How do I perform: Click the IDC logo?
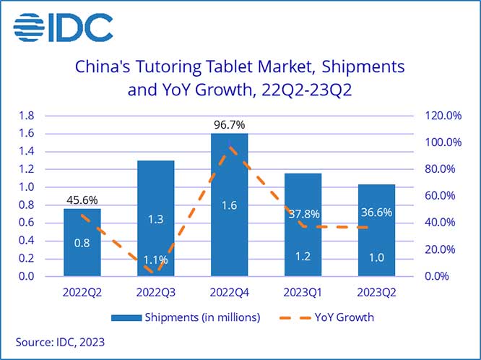(x=64, y=27)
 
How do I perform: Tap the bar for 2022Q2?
(x=82, y=242)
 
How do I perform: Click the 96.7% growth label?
(x=230, y=125)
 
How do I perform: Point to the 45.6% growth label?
(x=82, y=200)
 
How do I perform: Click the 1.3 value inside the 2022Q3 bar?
(x=156, y=220)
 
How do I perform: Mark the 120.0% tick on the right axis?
(x=443, y=116)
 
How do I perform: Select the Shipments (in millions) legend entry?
(x=186, y=317)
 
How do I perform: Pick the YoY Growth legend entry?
(x=339, y=317)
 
